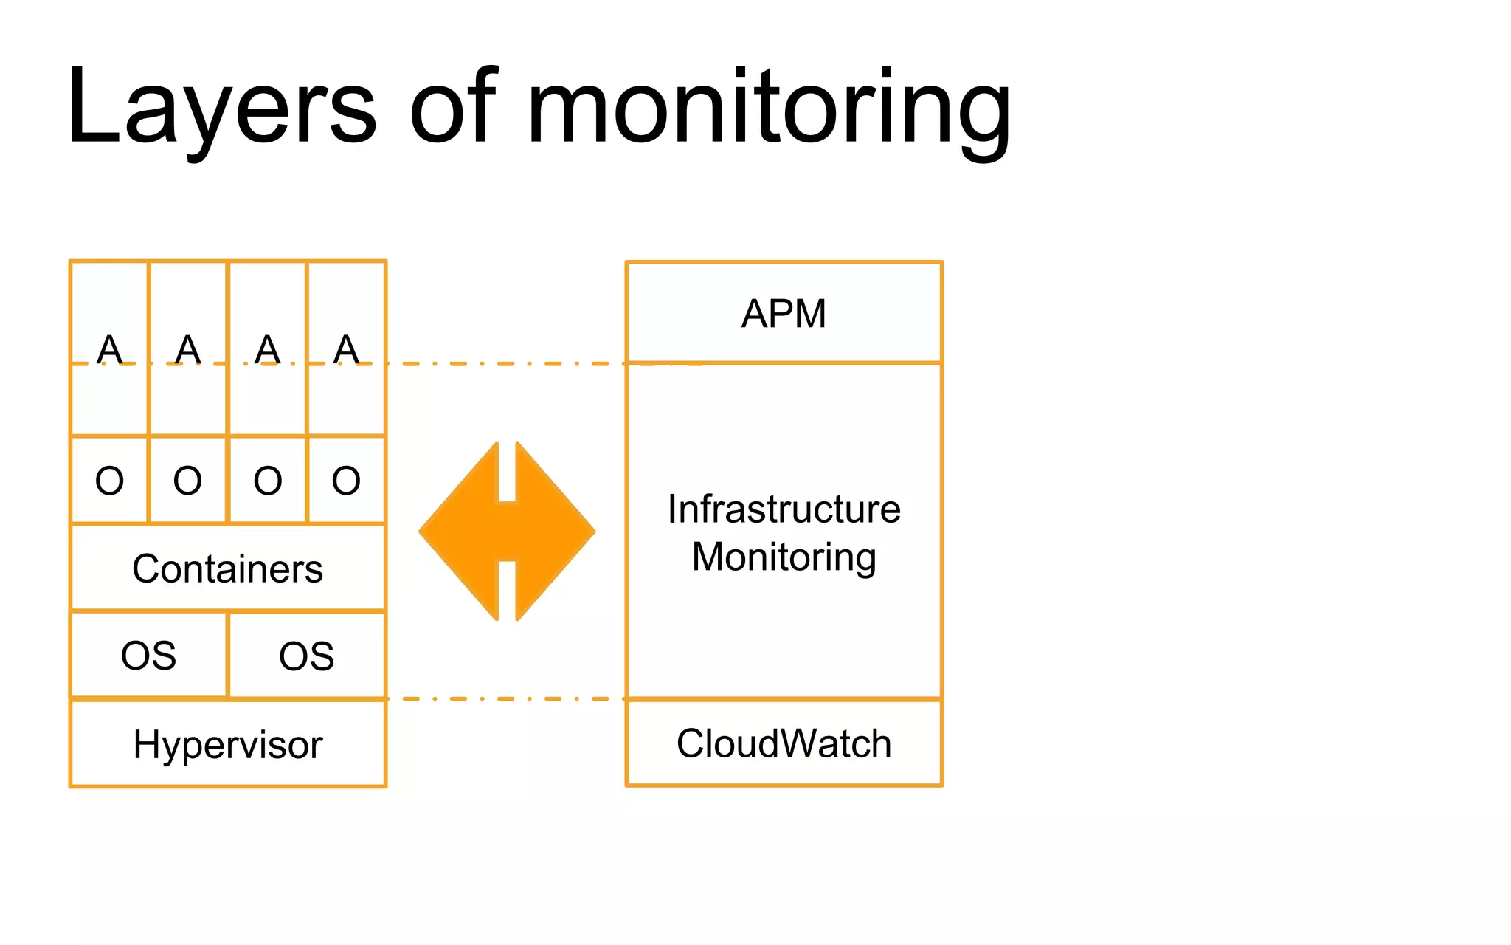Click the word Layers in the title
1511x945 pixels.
pyautogui.click(x=221, y=107)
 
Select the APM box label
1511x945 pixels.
pyautogui.click(x=784, y=314)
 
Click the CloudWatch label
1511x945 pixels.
pyautogui.click(x=784, y=743)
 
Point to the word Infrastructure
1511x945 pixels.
pyautogui.click(x=784, y=509)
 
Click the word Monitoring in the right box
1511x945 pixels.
pyautogui.click(x=784, y=557)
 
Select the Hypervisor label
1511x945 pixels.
pyautogui.click(x=227, y=744)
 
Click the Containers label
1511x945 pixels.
pyautogui.click(x=227, y=569)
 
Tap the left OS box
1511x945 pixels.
pyautogui.click(x=148, y=656)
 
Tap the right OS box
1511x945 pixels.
pyautogui.click(x=306, y=656)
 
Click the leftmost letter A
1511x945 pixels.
pyautogui.click(x=109, y=349)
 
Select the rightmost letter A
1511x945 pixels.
pyautogui.click(x=346, y=349)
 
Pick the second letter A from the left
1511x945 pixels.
pyautogui.click(x=187, y=349)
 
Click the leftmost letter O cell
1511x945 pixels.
pyautogui.click(x=109, y=481)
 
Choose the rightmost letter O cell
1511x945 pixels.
pyautogui.click(x=346, y=481)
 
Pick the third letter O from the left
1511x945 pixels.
pyautogui.click(x=267, y=481)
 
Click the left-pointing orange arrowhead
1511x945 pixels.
pyautogui.click(x=461, y=532)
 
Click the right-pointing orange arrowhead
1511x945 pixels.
pyautogui.click(x=553, y=532)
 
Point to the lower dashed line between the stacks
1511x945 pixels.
pyautogui.click(x=505, y=698)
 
